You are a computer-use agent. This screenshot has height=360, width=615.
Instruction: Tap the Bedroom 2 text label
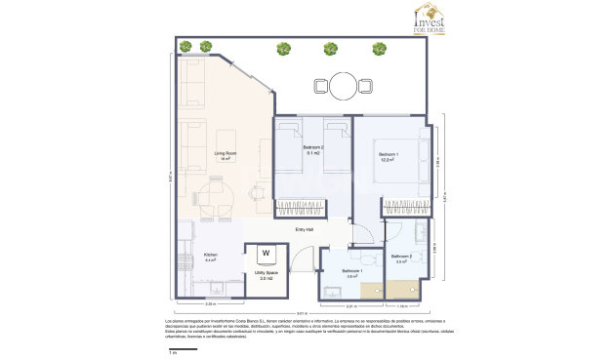(313, 148)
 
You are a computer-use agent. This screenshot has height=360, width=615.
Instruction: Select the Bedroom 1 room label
(389, 155)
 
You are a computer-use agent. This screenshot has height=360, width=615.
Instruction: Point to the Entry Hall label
(305, 229)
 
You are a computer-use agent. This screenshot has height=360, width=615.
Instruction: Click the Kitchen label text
(210, 256)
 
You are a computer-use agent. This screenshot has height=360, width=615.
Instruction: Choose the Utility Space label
(266, 273)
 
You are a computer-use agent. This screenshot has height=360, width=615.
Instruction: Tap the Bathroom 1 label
(352, 270)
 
